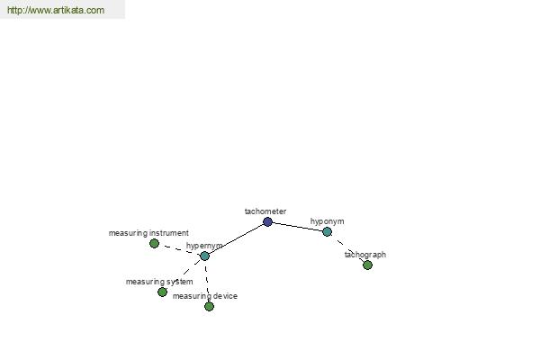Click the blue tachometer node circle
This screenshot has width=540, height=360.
[x=267, y=222]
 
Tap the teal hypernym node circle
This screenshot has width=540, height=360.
[x=205, y=256]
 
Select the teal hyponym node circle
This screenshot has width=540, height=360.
[x=328, y=231]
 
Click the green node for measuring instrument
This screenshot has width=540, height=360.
[x=154, y=244]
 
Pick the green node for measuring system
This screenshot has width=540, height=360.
[x=162, y=292]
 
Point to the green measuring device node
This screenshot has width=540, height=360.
[x=209, y=306]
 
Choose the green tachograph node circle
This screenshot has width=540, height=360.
[x=368, y=265]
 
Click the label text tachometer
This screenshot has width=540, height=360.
[x=265, y=211]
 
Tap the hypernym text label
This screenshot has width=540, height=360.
[x=204, y=246]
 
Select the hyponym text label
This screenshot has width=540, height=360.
[x=328, y=221]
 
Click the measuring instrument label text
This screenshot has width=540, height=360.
[x=148, y=233]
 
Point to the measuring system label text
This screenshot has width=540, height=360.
[x=159, y=282]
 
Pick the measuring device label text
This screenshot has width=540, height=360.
[x=205, y=296]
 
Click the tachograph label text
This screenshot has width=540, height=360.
[x=365, y=255]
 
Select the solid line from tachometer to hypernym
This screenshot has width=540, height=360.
[x=236, y=239]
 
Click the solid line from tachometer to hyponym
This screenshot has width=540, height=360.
[x=298, y=227]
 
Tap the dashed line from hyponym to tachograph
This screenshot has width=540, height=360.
[x=347, y=248]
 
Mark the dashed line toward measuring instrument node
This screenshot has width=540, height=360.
[x=179, y=250]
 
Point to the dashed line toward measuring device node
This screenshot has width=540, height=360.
[x=207, y=281]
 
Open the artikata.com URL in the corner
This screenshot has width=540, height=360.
[x=56, y=10]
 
